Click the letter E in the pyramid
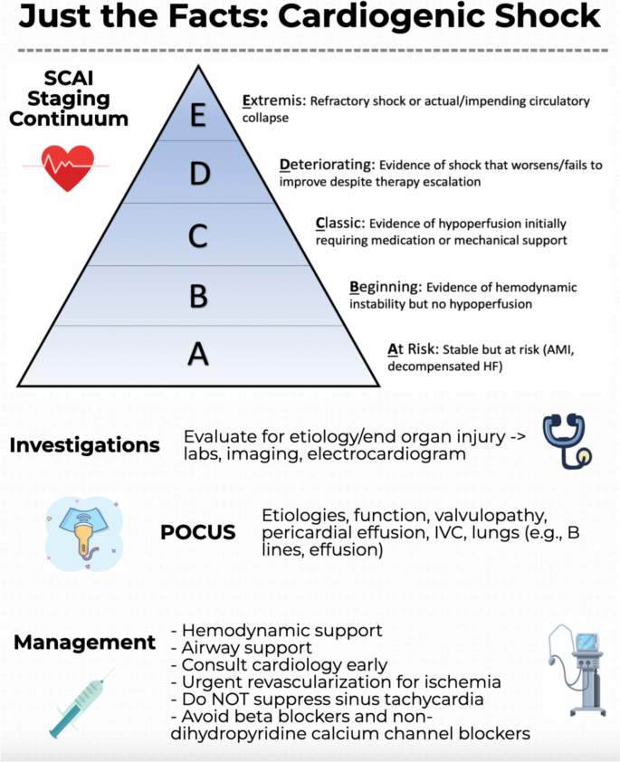[x=198, y=116]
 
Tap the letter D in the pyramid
[x=199, y=174]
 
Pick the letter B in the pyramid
[x=199, y=296]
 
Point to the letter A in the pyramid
[x=199, y=355]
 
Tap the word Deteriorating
[x=326, y=165]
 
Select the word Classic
[x=341, y=223]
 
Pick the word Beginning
[x=384, y=288]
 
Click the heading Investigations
[x=84, y=445]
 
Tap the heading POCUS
[x=197, y=532]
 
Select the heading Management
[x=84, y=643]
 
